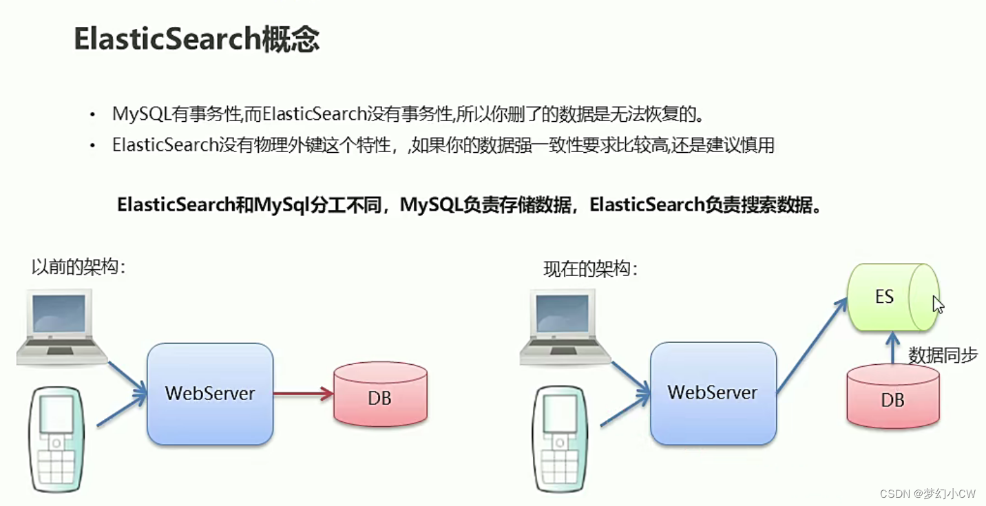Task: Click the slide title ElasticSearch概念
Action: [196, 40]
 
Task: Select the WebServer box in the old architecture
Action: [210, 394]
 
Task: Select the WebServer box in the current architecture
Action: [713, 393]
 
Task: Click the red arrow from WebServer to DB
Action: [303, 394]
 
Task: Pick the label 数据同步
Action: [943, 355]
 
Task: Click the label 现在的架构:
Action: [591, 269]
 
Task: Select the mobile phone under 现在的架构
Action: [559, 440]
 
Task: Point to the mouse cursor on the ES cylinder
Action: [937, 304]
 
